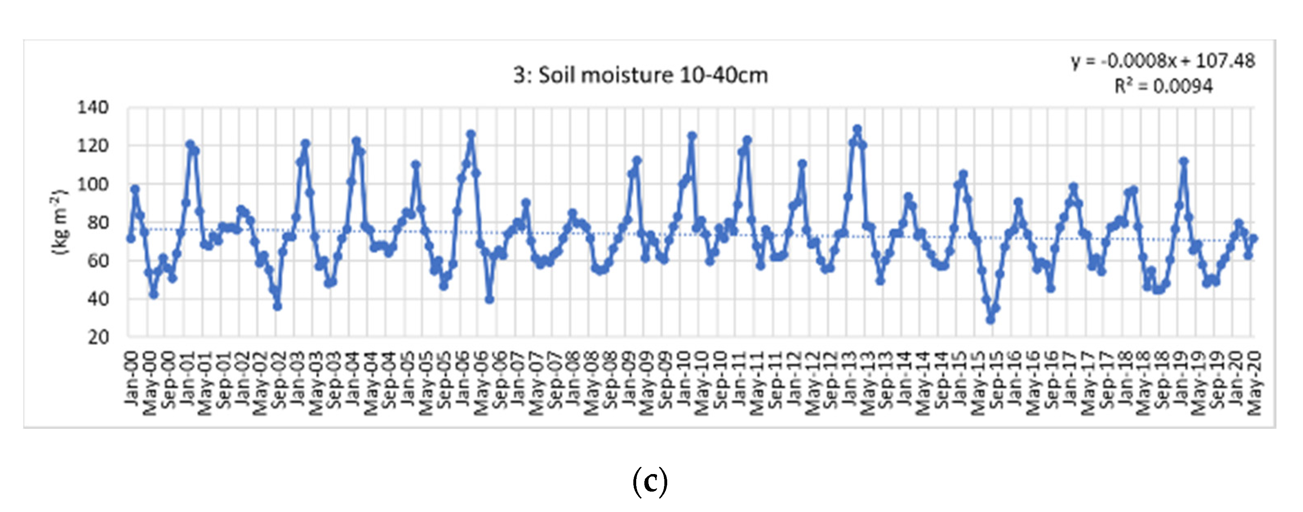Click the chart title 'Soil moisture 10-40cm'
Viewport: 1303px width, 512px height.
(x=640, y=76)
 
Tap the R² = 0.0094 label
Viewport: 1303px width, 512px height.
(x=1163, y=86)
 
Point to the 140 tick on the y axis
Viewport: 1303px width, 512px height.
(x=93, y=108)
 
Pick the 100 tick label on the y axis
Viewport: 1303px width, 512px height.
(x=93, y=184)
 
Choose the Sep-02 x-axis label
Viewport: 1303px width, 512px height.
(x=279, y=379)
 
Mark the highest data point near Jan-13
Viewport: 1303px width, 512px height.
(x=857, y=129)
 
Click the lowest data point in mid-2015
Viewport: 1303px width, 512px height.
(x=990, y=320)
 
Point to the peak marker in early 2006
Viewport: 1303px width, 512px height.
(x=471, y=134)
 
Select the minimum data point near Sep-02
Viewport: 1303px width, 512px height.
(x=277, y=307)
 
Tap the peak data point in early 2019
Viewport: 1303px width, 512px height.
(x=1183, y=162)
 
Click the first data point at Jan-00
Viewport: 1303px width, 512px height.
(x=131, y=238)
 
